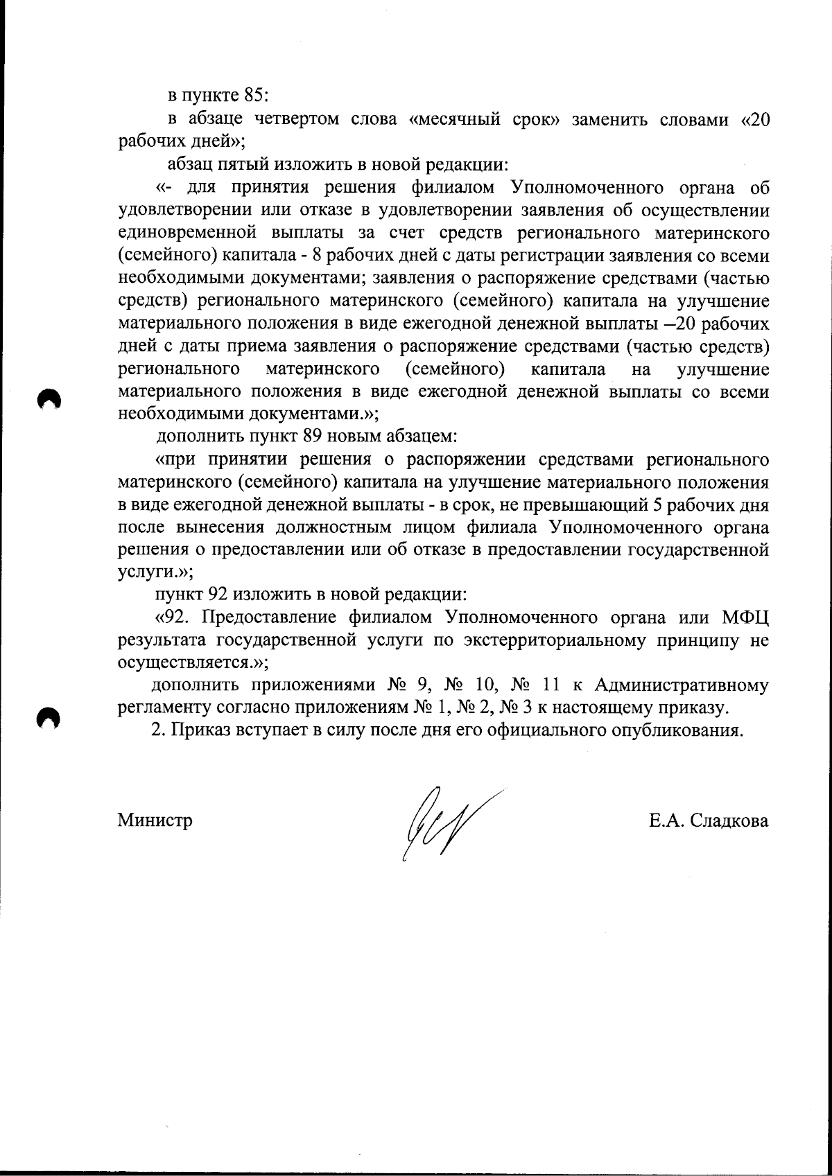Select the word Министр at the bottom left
tap(155, 820)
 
